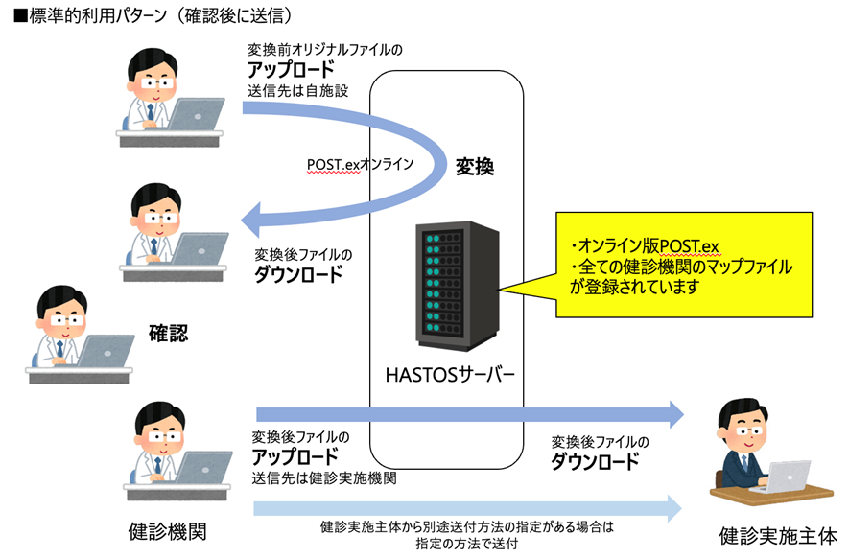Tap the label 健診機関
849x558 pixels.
pyautogui.click(x=167, y=530)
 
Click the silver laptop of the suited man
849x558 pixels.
pyautogui.click(x=781, y=476)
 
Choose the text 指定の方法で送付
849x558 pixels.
pyautogui.click(x=467, y=543)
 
